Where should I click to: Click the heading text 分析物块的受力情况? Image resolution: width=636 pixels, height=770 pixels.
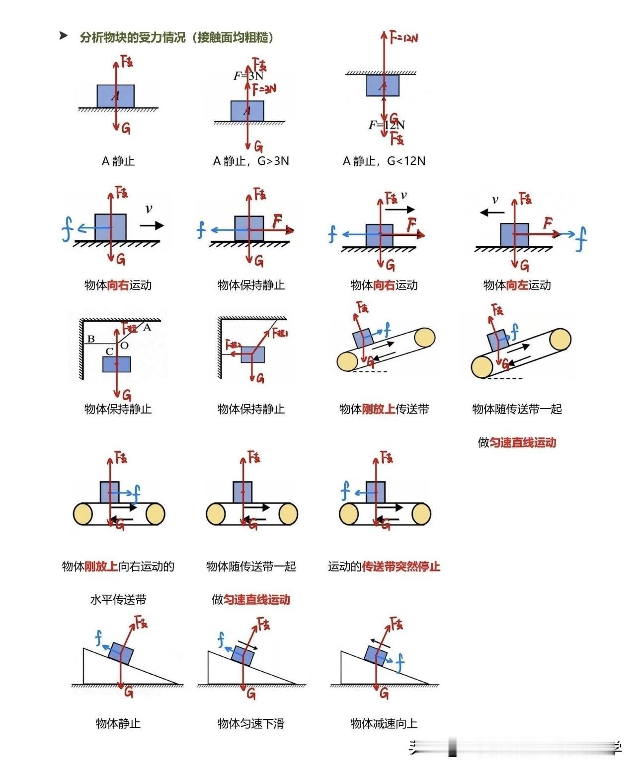click(x=132, y=37)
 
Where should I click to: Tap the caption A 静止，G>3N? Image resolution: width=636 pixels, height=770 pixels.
click(x=251, y=161)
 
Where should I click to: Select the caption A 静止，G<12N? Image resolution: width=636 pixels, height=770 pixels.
click(x=384, y=161)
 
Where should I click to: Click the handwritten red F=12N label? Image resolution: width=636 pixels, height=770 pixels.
click(x=403, y=37)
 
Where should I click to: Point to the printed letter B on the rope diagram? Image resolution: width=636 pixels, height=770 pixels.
click(x=91, y=339)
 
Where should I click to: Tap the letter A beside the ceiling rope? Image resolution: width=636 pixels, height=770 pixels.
click(x=147, y=327)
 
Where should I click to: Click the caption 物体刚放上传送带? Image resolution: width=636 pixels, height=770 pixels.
click(x=384, y=409)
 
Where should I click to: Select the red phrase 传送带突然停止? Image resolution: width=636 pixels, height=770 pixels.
click(x=401, y=566)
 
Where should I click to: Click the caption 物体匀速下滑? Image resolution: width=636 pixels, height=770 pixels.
click(x=251, y=723)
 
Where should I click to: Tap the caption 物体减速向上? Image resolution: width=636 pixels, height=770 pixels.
click(x=384, y=723)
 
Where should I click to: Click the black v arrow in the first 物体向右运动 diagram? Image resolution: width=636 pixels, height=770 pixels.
click(x=152, y=225)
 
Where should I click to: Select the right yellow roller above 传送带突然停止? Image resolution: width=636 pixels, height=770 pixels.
click(x=421, y=514)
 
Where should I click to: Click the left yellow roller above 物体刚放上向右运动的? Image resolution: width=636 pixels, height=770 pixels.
click(x=83, y=514)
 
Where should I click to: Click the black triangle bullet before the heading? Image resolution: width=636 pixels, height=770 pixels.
click(x=63, y=36)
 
